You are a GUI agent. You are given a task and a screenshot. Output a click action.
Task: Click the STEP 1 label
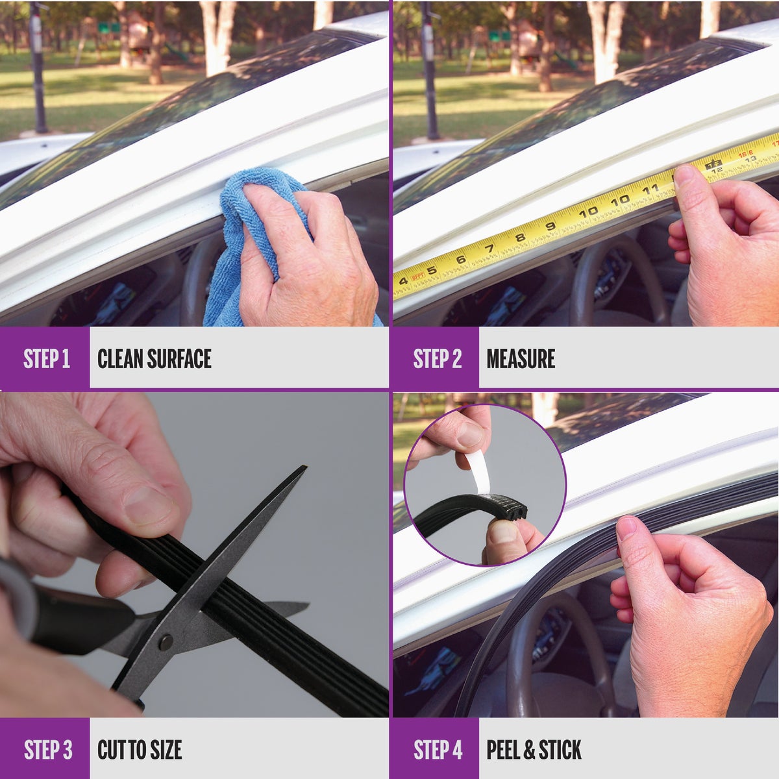[x=47, y=358]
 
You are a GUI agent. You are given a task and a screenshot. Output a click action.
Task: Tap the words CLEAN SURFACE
[x=155, y=358]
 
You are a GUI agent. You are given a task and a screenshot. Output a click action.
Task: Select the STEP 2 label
[x=438, y=358]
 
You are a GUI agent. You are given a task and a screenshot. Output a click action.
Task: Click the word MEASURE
[x=521, y=358]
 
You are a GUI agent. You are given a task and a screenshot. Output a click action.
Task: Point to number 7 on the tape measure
[x=489, y=248]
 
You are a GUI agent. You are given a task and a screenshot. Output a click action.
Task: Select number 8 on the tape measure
[x=520, y=238]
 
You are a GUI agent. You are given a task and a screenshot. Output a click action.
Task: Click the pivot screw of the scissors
[x=166, y=642]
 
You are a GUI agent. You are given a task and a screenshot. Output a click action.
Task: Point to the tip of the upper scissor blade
[x=306, y=467]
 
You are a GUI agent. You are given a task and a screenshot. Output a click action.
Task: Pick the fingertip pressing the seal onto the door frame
[x=627, y=528]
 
